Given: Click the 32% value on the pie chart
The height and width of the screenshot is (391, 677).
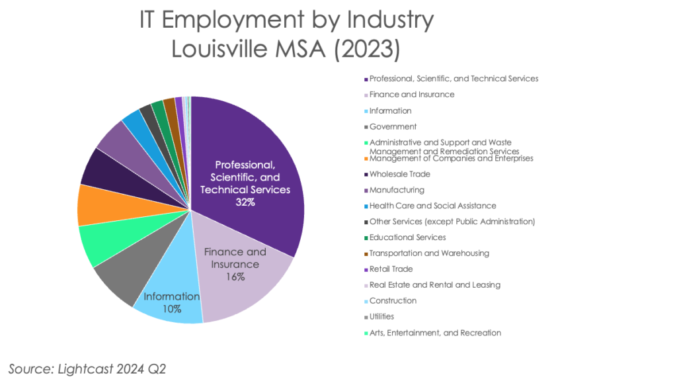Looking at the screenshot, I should coord(245,202).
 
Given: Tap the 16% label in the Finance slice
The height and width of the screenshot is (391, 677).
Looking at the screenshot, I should coord(235,277).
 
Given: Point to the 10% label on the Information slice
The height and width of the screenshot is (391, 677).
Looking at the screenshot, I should coord(173,309).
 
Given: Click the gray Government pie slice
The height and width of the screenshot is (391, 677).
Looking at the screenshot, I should coord(119,282).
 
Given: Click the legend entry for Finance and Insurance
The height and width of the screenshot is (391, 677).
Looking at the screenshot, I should coord(412,95).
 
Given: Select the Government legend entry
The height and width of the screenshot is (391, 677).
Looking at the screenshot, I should coord(393,126).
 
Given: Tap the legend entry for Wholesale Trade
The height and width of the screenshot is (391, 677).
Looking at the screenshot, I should coord(400,174).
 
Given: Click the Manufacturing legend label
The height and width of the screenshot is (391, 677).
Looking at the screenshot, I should coord(397,190).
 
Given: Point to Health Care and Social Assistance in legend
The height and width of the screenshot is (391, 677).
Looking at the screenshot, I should coord(432,206).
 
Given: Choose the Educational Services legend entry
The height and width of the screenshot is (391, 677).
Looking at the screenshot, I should coord(407,238).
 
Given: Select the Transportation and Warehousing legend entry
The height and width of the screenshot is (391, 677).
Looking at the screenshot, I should coord(429,253).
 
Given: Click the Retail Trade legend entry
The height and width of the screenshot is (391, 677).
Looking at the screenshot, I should coord(391,269).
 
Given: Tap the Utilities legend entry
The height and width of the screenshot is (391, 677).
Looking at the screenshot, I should coord(382,317).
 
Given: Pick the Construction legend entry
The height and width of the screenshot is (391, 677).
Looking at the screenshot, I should coord(393,301).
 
